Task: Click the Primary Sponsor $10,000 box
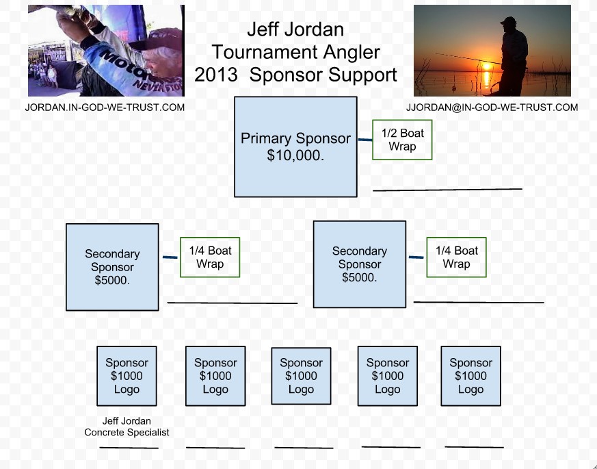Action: click(295, 147)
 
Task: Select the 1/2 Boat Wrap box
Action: click(402, 140)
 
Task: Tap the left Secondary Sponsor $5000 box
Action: click(112, 267)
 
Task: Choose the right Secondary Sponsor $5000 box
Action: click(360, 264)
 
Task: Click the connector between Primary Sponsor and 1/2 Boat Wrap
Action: click(365, 140)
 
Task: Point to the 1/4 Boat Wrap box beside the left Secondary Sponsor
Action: click(210, 257)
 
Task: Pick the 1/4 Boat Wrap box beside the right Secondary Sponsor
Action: click(457, 257)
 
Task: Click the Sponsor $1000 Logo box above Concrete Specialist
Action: click(127, 376)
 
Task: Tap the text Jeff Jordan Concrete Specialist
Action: click(127, 427)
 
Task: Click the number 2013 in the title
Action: click(216, 75)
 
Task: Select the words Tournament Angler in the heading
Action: click(296, 52)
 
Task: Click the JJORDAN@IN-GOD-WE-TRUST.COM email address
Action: click(492, 107)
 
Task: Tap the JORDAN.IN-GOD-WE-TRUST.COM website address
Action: click(105, 107)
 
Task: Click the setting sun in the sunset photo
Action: click(487, 67)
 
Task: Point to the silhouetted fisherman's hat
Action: click(509, 21)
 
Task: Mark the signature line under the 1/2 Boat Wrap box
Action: click(447, 190)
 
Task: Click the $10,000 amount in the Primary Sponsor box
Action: click(295, 155)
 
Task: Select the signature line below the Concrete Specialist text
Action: click(129, 448)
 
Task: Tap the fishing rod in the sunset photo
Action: click(468, 59)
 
